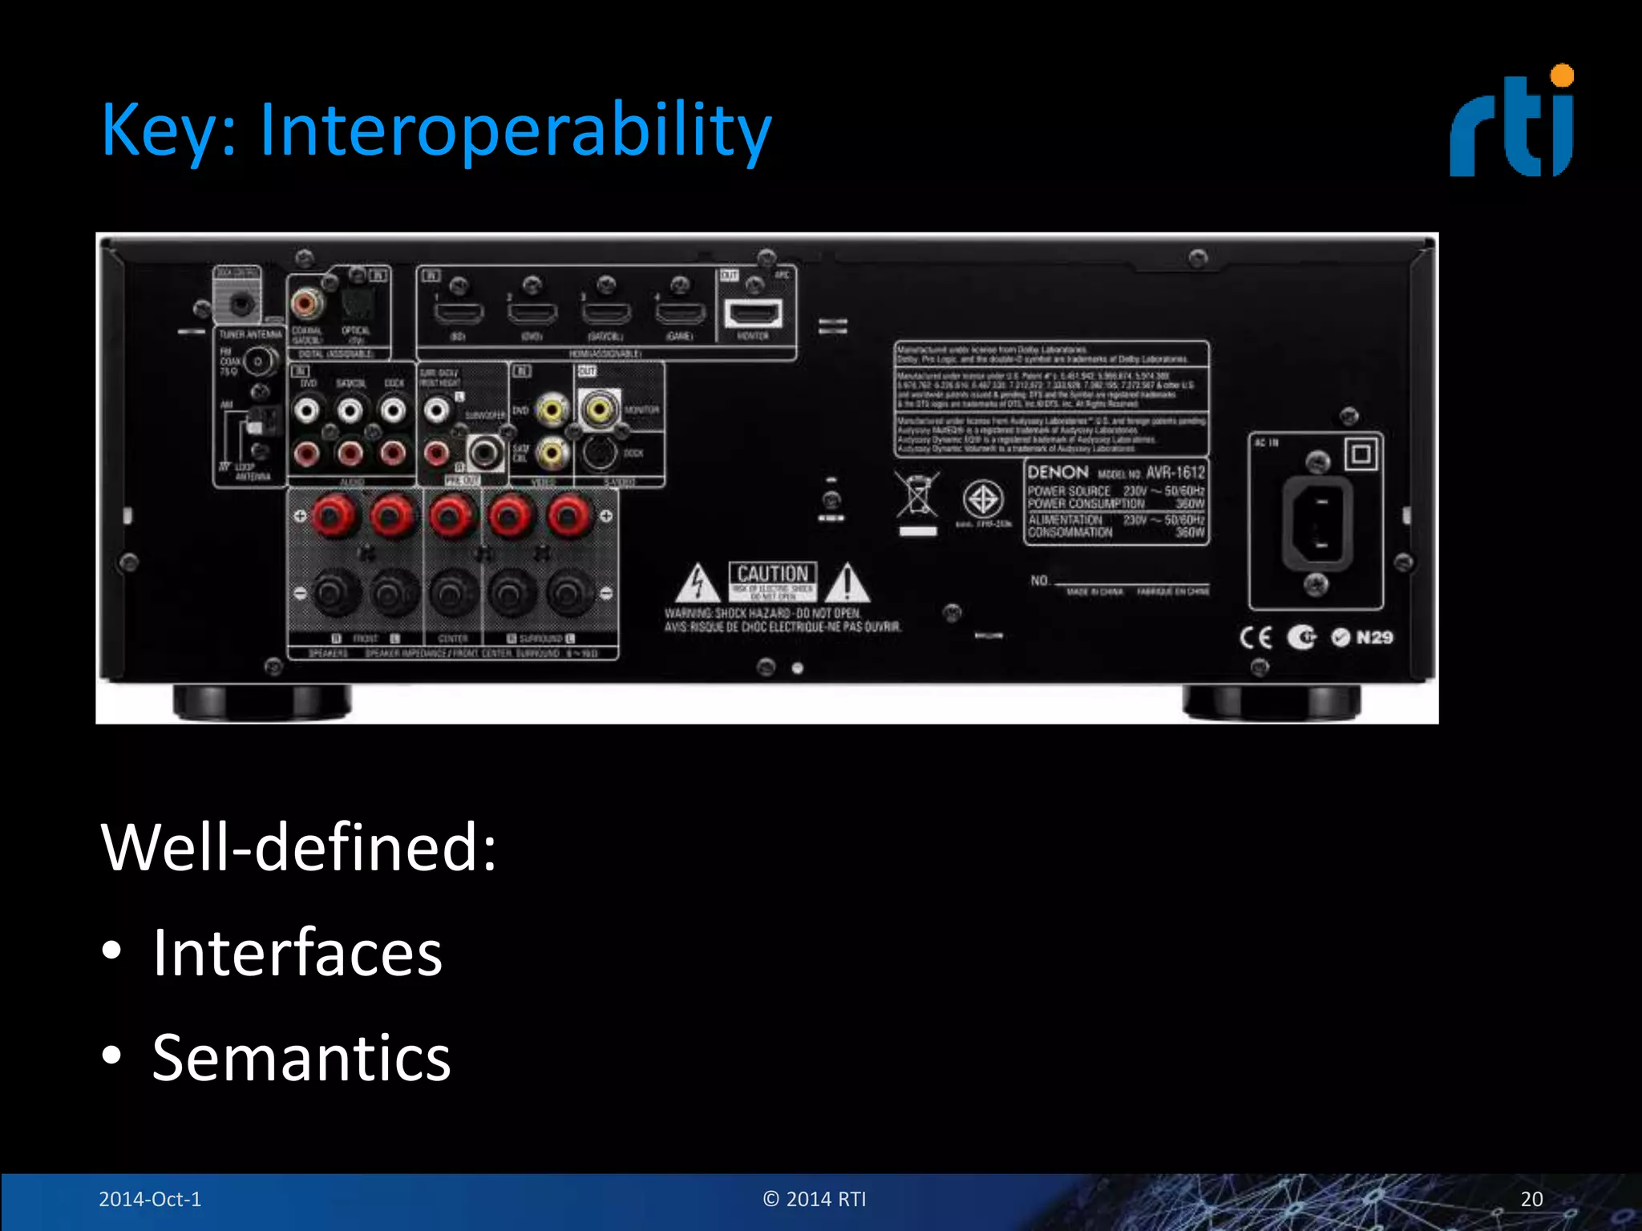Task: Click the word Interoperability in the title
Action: [x=515, y=131]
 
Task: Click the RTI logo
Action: [x=1511, y=122]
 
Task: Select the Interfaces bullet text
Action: [x=297, y=952]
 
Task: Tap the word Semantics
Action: [x=301, y=1058]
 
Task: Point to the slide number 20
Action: [x=1531, y=1199]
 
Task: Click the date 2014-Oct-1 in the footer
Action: [x=150, y=1199]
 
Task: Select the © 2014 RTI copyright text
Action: [x=815, y=1199]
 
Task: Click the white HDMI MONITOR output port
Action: [x=752, y=313]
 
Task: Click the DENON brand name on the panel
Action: [x=1058, y=472]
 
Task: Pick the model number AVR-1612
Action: [x=1175, y=472]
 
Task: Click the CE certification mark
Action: [x=1256, y=638]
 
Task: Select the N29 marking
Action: [x=1374, y=638]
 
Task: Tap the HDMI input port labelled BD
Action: [x=458, y=312]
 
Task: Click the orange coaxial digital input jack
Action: [x=306, y=304]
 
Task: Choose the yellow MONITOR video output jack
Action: [x=599, y=410]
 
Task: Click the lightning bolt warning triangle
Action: [x=698, y=583]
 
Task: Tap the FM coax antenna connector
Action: [x=258, y=362]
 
